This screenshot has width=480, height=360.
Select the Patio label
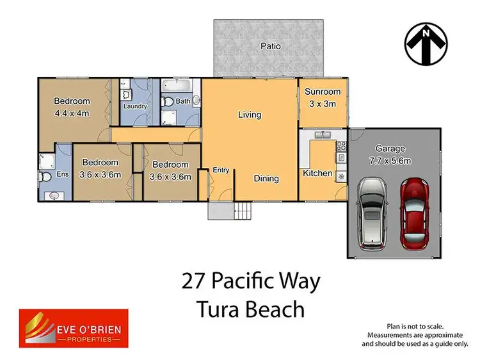pyautogui.click(x=271, y=47)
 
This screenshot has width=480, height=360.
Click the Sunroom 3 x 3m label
pyautogui.click(x=322, y=97)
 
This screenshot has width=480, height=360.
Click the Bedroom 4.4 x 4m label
pyautogui.click(x=71, y=107)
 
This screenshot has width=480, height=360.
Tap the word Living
pyautogui.click(x=250, y=115)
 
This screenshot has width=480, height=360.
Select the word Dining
pyautogui.click(x=266, y=179)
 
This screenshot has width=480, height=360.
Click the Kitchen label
pyautogui.click(x=317, y=173)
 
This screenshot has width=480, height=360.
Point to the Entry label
pyautogui.click(x=221, y=170)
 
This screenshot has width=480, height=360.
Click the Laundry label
pyautogui.click(x=135, y=106)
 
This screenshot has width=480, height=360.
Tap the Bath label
pyautogui.click(x=183, y=101)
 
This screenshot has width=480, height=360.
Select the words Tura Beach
pyautogui.click(x=249, y=309)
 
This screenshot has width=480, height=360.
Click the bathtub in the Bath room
pyautogui.click(x=173, y=85)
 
